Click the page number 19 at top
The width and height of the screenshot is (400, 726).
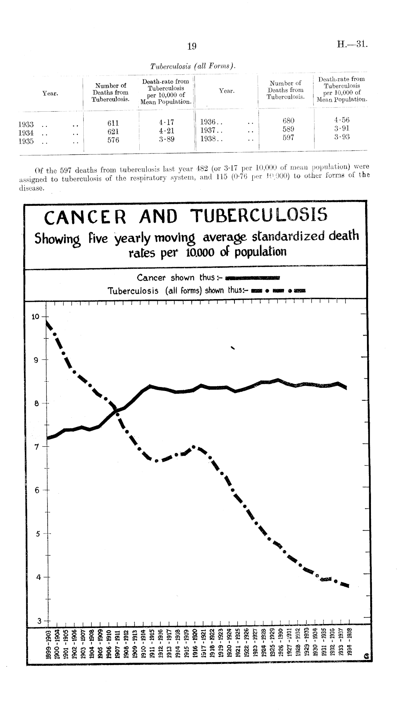(x=191, y=46)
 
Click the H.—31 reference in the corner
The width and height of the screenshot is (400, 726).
(x=352, y=45)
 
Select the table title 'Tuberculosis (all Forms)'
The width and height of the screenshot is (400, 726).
(x=192, y=66)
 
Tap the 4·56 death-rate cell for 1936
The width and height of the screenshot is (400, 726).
(x=341, y=120)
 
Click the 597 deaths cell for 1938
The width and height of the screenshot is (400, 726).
(x=288, y=137)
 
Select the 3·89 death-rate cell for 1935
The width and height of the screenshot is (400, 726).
(x=167, y=139)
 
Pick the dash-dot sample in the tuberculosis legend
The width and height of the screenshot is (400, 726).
(x=279, y=291)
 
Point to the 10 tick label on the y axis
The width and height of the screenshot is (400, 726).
(x=36, y=317)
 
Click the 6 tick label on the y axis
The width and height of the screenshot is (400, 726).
(x=37, y=490)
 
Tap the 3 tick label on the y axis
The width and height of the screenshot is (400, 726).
(x=37, y=620)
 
